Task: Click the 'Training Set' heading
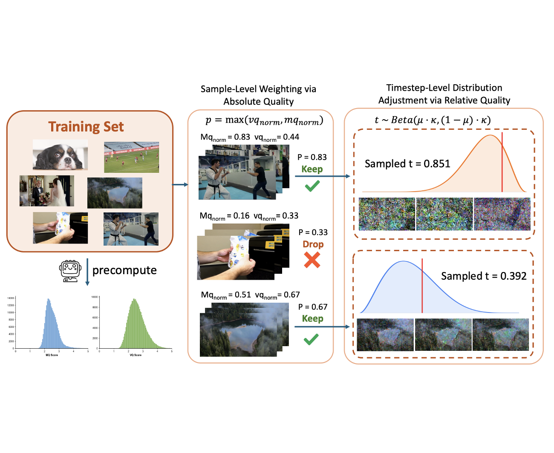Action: (x=86, y=127)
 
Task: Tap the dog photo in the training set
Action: (x=61, y=155)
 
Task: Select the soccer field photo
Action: (x=131, y=157)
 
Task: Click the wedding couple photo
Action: (x=46, y=191)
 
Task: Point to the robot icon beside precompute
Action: (x=70, y=271)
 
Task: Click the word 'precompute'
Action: (x=124, y=270)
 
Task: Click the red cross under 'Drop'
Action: (x=312, y=260)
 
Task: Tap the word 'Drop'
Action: (x=313, y=244)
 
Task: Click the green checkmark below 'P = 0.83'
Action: (x=312, y=186)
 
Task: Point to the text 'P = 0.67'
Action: (x=313, y=307)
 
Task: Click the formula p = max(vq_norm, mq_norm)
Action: (x=264, y=120)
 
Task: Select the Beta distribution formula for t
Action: (x=433, y=120)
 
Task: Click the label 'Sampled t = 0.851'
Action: (x=407, y=164)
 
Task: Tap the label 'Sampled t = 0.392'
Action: (x=484, y=276)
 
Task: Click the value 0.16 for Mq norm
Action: (x=241, y=216)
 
